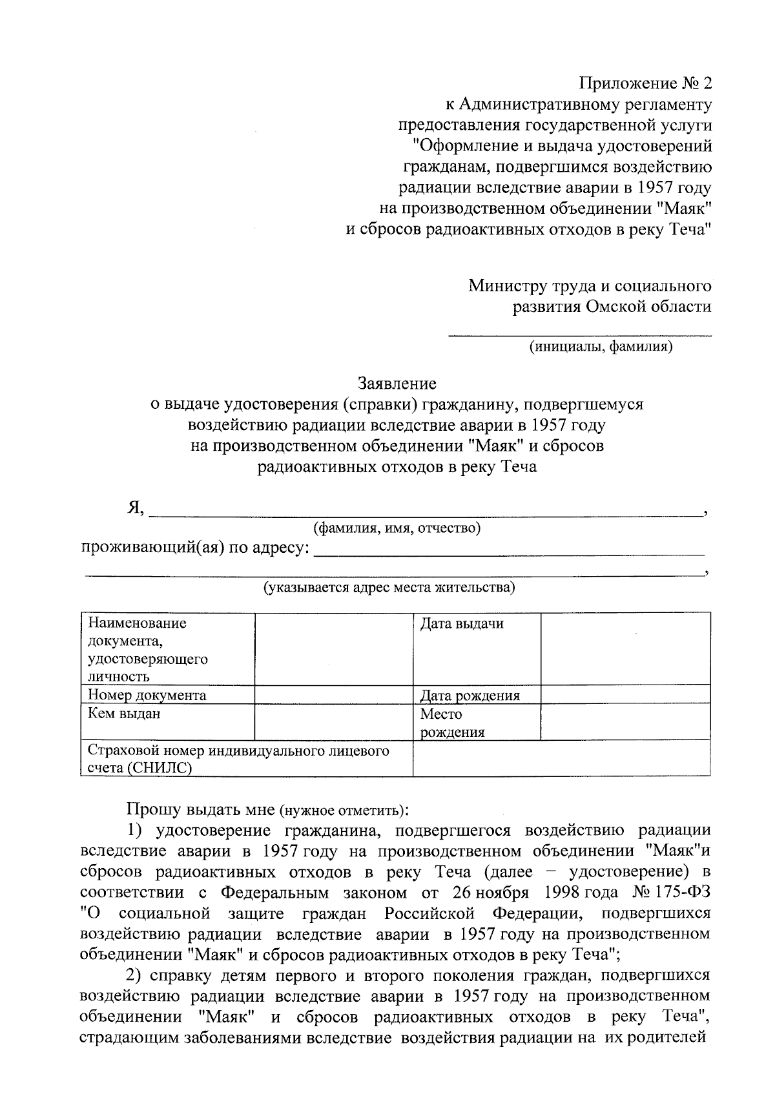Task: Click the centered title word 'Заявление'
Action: click(397, 384)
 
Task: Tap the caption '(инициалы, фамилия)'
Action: click(601, 347)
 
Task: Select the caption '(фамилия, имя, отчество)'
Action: click(397, 528)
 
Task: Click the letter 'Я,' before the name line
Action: click(136, 508)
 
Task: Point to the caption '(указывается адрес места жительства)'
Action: click(388, 587)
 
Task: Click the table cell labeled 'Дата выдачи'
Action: click(462, 624)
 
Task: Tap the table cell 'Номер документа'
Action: click(147, 696)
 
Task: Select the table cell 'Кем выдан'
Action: click(124, 714)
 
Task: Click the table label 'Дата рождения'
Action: click(470, 696)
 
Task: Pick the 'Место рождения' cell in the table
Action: click(452, 723)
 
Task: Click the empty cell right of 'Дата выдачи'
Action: click(625, 649)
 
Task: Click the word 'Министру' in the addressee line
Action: click(507, 285)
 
